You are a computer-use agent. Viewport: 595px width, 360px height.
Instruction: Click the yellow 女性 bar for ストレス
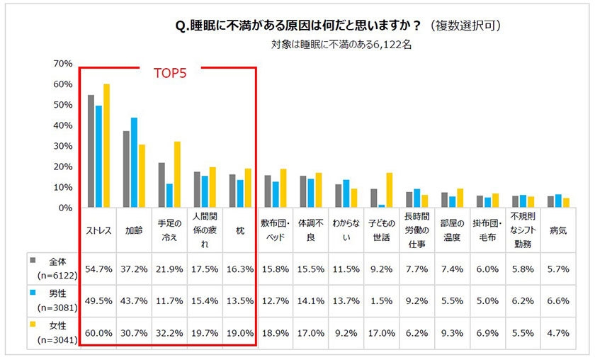[x=107, y=146]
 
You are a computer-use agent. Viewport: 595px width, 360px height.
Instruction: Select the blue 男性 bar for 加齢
[x=134, y=163]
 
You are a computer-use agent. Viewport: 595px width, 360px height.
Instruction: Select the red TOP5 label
[x=170, y=73]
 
